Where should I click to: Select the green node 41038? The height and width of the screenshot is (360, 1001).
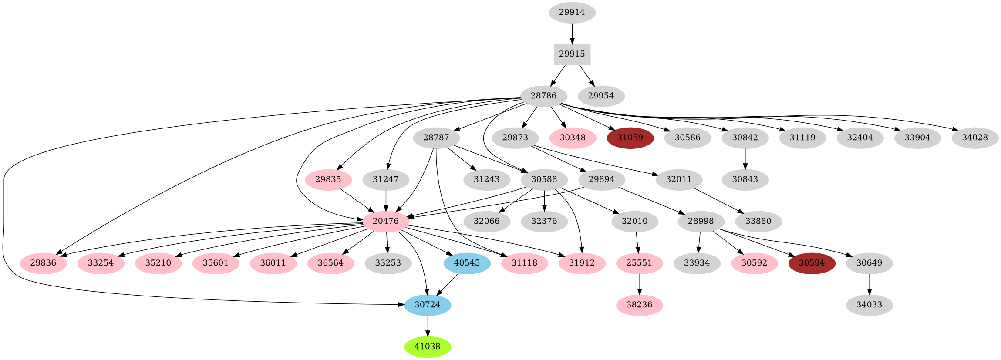[427, 347]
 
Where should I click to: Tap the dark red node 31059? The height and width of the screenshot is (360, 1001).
[630, 138]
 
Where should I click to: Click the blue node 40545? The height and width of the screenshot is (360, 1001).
[467, 263]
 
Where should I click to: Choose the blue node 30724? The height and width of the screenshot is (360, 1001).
[427, 305]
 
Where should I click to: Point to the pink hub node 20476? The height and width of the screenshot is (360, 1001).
[385, 221]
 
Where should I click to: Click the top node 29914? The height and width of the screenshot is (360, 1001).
[572, 12]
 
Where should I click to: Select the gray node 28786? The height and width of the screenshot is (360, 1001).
[543, 96]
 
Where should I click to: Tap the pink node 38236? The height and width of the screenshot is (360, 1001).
[639, 305]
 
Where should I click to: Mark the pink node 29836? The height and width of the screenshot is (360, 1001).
[44, 263]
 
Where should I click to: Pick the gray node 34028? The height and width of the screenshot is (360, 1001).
[974, 138]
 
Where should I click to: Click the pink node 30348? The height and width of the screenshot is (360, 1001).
[572, 138]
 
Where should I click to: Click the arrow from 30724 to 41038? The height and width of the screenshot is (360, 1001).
[427, 326]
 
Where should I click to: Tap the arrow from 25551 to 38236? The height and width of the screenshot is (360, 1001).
[639, 284]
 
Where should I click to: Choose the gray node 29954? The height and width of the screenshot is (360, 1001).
[601, 96]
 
